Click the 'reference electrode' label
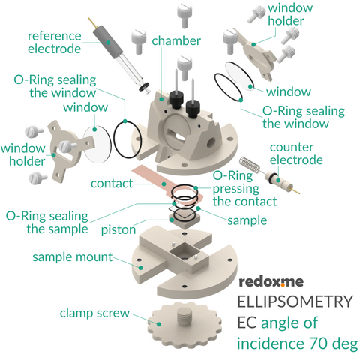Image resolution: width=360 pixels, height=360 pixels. click(x=54, y=43)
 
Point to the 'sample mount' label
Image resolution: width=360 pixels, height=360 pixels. click(x=72, y=257)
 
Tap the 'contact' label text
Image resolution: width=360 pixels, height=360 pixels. click(x=112, y=184)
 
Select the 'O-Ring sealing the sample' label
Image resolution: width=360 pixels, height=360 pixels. click(x=47, y=221)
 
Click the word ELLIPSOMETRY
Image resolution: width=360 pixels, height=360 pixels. click(x=294, y=302)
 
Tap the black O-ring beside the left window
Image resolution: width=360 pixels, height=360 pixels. click(x=124, y=136)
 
